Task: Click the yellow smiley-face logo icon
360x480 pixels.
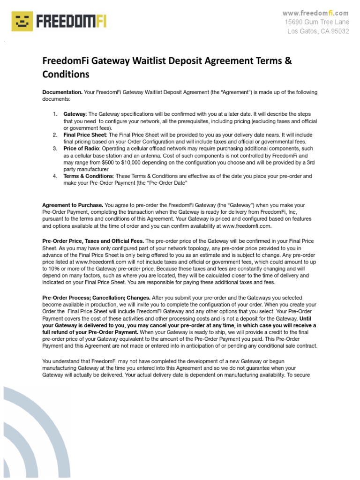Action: (22, 22)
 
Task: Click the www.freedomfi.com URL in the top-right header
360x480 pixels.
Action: (315, 13)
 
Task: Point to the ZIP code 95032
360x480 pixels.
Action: (338, 31)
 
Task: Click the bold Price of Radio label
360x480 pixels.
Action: (81, 148)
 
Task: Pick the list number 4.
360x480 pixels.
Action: (55, 176)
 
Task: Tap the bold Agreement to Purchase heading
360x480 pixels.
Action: (73, 205)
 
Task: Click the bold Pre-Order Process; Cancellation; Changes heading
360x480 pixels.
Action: (97, 298)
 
